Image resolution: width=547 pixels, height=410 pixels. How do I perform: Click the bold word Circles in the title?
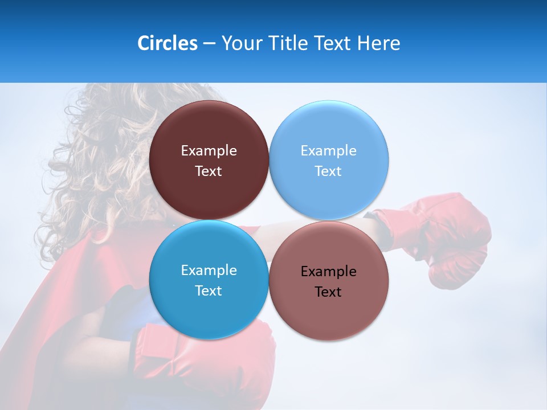tap(168, 43)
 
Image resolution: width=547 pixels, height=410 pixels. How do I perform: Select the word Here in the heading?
tap(378, 43)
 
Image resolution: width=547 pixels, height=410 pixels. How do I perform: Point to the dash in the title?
tap(209, 44)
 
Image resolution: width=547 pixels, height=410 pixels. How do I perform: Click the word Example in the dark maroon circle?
tap(209, 151)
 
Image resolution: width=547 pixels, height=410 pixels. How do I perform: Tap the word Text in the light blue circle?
tap(328, 171)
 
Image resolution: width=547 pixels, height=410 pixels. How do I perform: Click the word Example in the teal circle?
tap(209, 270)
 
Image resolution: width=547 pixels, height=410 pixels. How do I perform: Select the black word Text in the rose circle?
tap(328, 292)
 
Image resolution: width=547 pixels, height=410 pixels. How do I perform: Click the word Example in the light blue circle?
tap(328, 151)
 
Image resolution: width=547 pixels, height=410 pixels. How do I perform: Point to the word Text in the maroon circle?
tap(209, 171)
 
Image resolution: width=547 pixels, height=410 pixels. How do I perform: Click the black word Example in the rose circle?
tap(328, 272)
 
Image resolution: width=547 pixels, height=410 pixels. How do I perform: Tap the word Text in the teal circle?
tap(209, 291)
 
